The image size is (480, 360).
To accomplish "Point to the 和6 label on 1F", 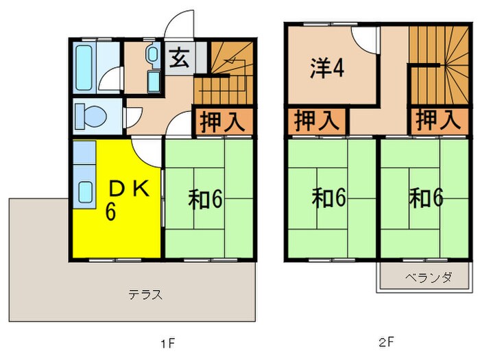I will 206,199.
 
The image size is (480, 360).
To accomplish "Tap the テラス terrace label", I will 145,296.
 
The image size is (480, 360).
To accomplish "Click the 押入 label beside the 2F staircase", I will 436,121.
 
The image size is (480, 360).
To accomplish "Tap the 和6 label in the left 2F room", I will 330,197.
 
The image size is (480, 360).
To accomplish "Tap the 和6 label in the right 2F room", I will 427,197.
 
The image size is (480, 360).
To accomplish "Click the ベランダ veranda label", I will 427,278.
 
